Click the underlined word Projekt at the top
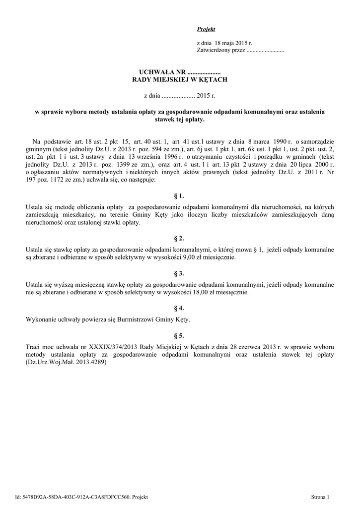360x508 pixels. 206,30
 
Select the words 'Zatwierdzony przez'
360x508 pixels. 221,51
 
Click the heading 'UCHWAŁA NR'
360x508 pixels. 155,73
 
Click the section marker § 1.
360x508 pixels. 179,196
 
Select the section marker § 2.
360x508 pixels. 179,239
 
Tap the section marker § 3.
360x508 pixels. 179,273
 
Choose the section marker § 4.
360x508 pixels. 179,308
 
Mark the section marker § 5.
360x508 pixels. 179,335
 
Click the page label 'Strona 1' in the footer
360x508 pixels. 320,497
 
